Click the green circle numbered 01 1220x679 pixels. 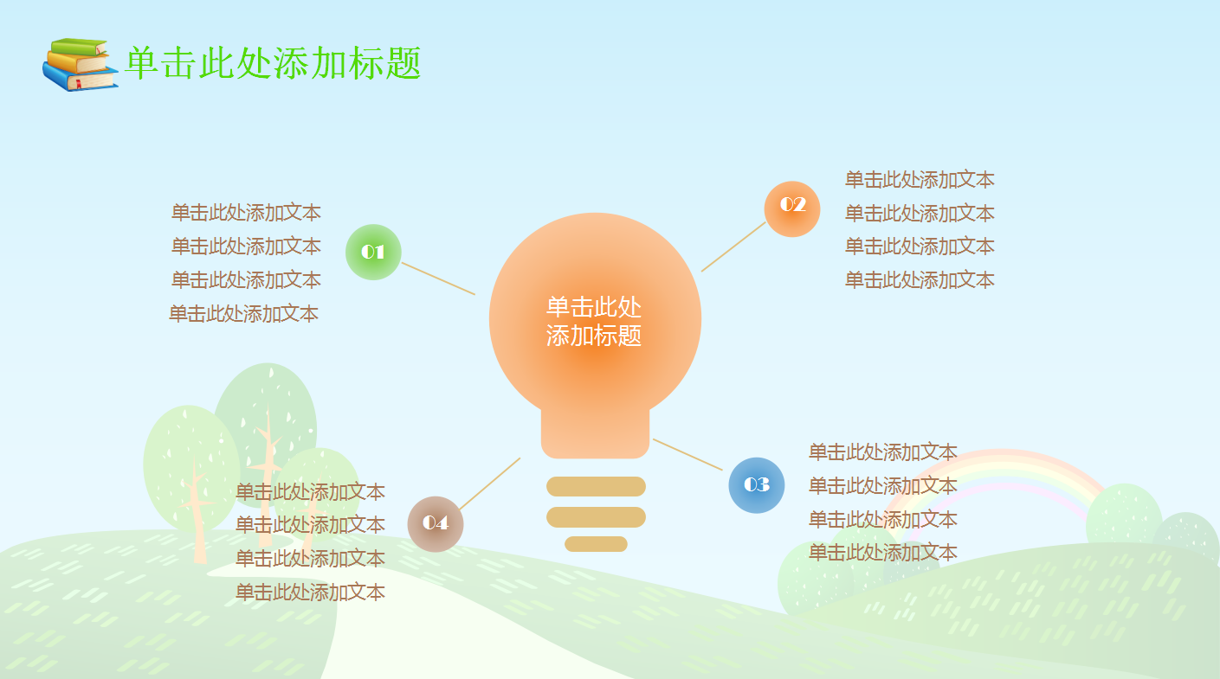[x=373, y=253]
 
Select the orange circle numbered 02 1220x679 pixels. [x=792, y=208]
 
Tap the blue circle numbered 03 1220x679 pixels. [x=757, y=485]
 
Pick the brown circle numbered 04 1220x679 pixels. [x=436, y=523]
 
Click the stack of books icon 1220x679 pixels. [x=80, y=65]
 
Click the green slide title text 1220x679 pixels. [x=274, y=64]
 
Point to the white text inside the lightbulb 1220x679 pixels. [x=594, y=321]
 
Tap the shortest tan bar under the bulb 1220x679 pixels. [x=596, y=544]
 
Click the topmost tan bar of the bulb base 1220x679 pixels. [x=596, y=486]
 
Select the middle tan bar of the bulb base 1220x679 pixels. [x=596, y=517]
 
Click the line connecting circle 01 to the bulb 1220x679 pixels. [x=438, y=279]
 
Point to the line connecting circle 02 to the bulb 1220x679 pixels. [x=733, y=247]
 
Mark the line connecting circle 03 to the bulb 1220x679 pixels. [x=687, y=455]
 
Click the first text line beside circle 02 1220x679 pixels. [x=920, y=180]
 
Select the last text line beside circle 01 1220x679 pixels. [x=244, y=314]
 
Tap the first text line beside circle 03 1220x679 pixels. [x=883, y=452]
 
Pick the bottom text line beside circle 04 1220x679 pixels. [x=310, y=593]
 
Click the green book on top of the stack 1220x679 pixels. [x=80, y=46]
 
